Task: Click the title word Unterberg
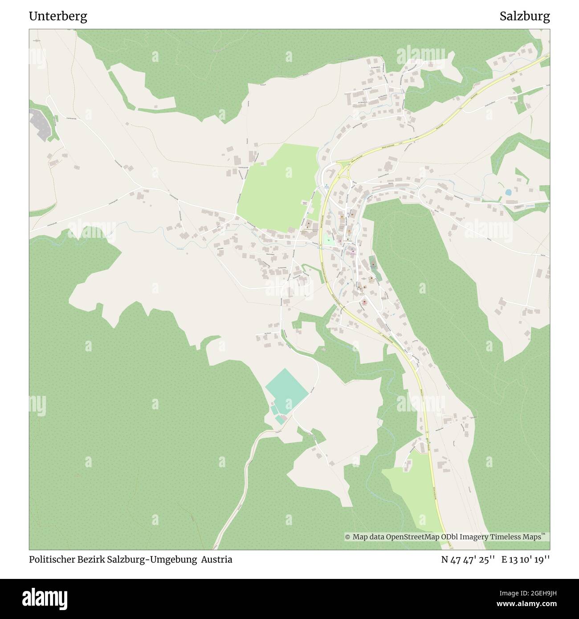tap(58, 16)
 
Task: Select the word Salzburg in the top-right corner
tap(524, 16)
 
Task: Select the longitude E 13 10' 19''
tap(526, 560)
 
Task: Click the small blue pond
tap(508, 193)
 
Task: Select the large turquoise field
tap(287, 389)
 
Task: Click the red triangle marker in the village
tap(364, 302)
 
